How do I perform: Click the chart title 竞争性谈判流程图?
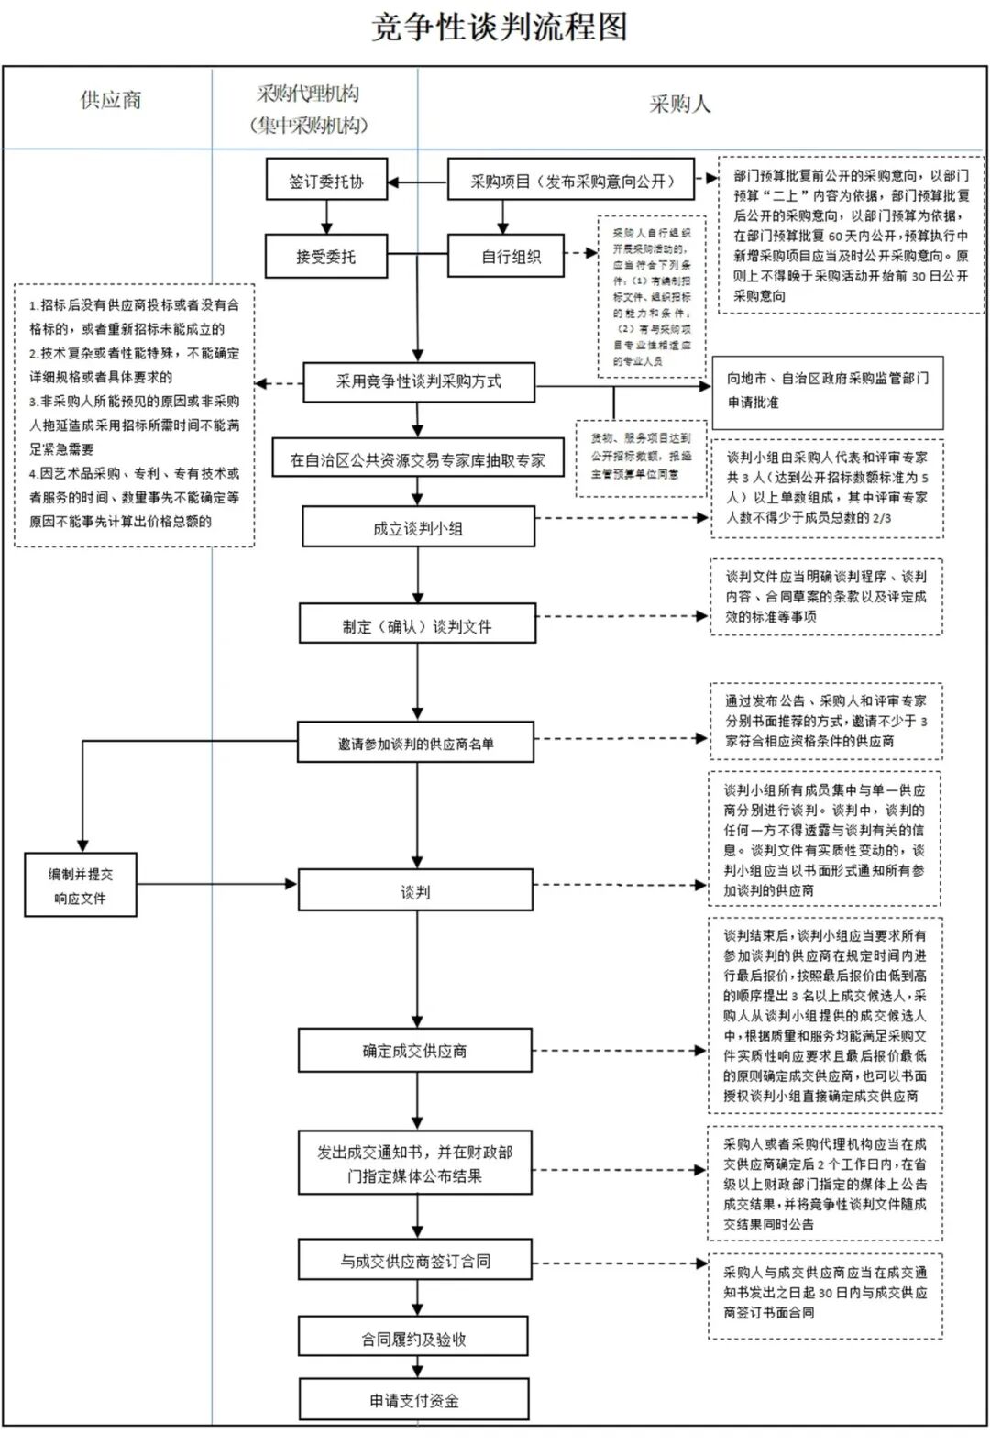point(500,28)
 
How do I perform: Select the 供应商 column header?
point(110,101)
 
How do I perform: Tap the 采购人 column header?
point(679,104)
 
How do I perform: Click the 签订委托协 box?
point(326,182)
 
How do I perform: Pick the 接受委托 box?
point(326,257)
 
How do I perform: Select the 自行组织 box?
point(511,257)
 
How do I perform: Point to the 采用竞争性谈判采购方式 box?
point(418,382)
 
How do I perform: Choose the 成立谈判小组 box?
point(418,528)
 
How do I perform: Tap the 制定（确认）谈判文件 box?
point(417,626)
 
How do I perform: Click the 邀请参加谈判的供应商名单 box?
point(415,744)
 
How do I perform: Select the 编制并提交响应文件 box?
point(81,886)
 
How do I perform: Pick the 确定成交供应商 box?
point(414,1051)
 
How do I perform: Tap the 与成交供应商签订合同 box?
point(414,1262)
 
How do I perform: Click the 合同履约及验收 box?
point(413,1339)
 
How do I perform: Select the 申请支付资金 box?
point(413,1400)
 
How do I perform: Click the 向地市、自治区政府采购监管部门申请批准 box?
point(828,390)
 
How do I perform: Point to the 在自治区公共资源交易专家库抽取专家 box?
point(417,459)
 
